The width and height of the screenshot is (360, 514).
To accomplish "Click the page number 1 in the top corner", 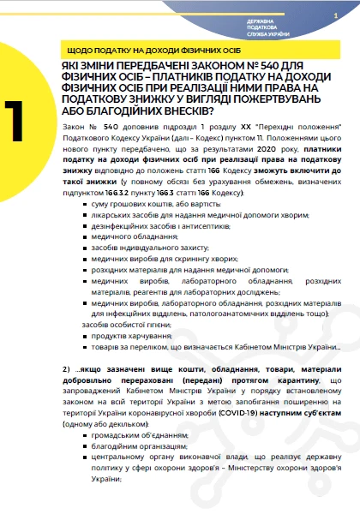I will click(x=335, y=15).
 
